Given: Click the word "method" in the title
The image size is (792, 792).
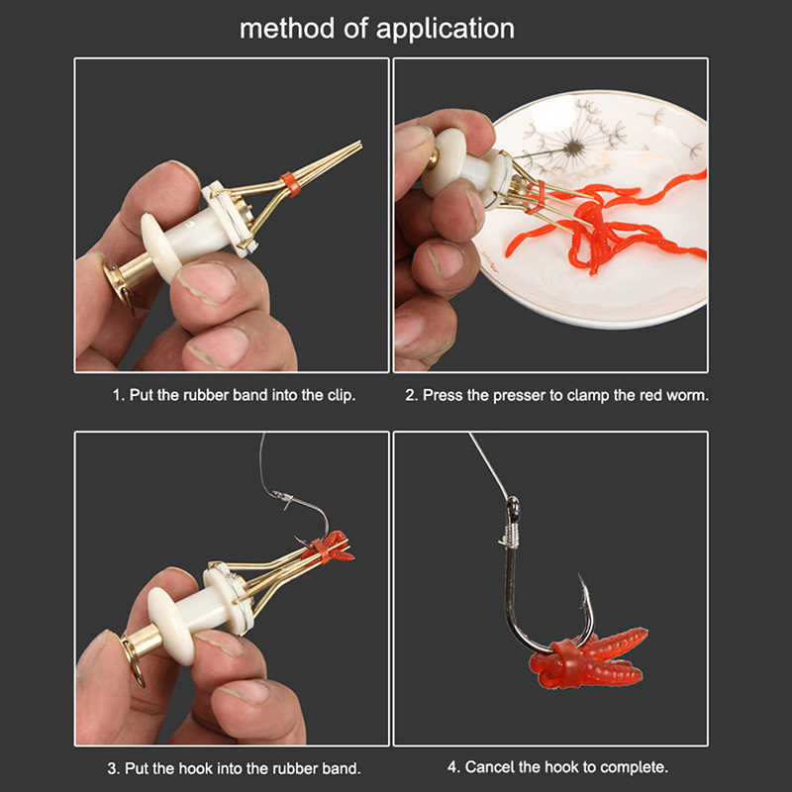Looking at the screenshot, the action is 286,29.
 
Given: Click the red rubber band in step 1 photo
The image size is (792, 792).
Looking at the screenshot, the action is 290,184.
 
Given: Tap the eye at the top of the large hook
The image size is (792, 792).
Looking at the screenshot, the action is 513,506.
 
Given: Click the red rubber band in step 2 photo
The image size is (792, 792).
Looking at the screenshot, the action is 537,197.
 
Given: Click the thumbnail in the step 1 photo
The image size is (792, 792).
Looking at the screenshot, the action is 209,284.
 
